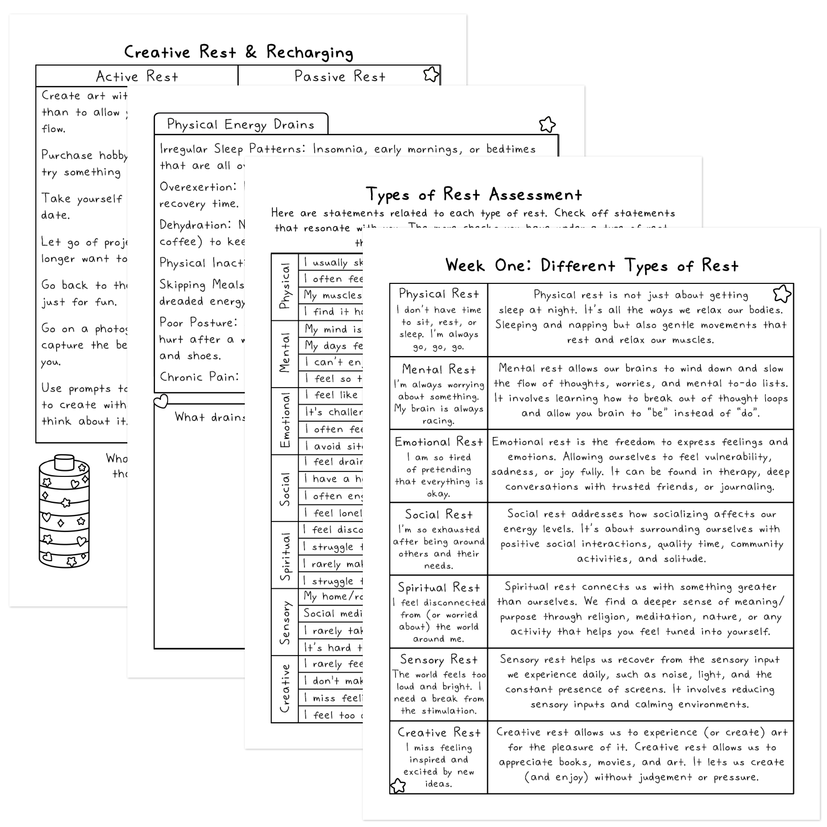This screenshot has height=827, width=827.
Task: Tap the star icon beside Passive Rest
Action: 431,74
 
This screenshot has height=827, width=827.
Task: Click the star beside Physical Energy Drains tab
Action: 547,125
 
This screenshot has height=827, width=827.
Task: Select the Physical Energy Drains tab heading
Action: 240,125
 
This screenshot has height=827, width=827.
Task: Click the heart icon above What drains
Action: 160,401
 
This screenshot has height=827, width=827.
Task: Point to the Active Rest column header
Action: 137,76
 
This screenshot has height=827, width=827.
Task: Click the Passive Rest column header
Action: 340,76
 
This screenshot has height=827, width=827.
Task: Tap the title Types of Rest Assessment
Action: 474,195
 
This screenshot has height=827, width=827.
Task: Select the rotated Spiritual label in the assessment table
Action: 285,556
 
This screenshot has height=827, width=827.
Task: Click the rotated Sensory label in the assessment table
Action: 285,622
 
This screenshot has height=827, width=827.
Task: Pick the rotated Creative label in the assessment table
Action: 285,689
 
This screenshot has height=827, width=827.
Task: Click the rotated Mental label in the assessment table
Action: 285,353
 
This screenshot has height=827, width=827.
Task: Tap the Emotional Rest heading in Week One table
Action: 438,442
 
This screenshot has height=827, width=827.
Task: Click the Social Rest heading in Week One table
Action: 438,515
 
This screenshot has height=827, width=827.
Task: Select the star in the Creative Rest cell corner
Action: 398,785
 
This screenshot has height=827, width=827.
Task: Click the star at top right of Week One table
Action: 782,293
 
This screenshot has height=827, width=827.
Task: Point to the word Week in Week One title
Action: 466,266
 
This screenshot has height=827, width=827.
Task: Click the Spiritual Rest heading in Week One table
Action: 438,588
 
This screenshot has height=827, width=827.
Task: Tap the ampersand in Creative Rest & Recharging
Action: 251,52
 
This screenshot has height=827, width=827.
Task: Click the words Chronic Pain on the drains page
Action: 199,377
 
